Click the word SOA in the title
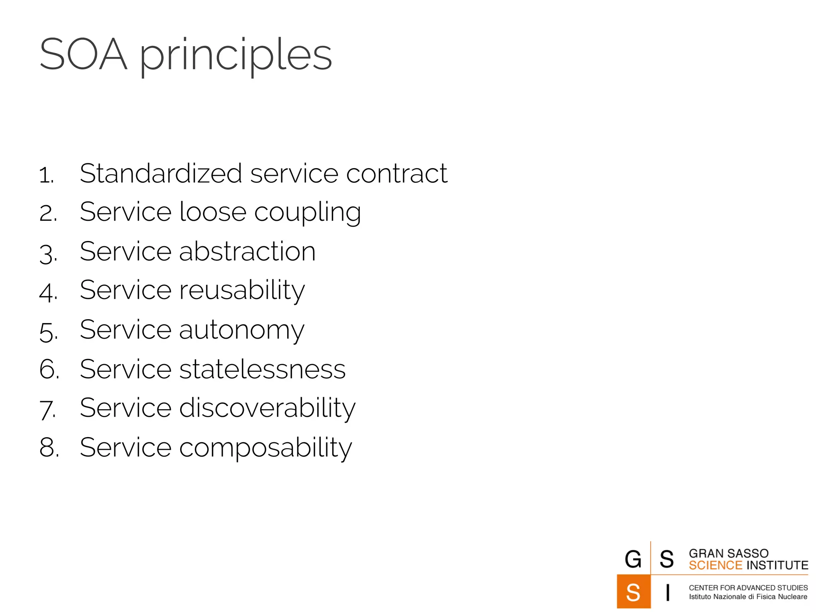coord(83,54)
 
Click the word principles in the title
coord(235,56)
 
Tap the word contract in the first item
coord(397,174)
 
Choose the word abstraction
coord(247,251)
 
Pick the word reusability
coord(242,290)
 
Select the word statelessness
coord(263,369)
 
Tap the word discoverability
coord(267,408)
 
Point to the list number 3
coord(47,254)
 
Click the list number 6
coord(48,369)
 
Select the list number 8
coord(48,447)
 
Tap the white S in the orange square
coord(633,592)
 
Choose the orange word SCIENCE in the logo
coord(716,565)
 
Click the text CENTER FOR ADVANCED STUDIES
coord(748,588)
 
